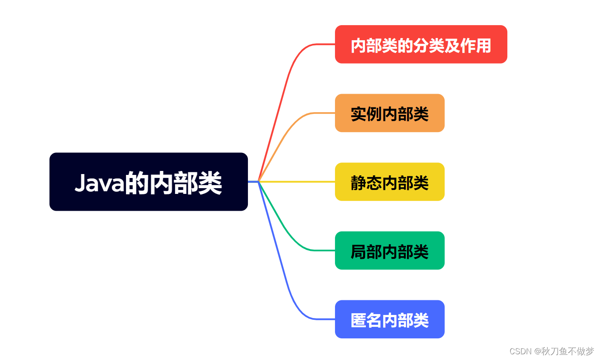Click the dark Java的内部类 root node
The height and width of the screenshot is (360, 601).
[148, 182]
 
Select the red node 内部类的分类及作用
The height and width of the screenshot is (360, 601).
[421, 44]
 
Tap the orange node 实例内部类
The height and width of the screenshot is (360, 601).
[390, 113]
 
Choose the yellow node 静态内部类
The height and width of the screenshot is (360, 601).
[390, 182]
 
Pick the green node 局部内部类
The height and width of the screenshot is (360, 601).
[390, 250]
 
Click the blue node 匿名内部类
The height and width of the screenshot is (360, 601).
[390, 319]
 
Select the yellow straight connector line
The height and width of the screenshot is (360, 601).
[297, 182]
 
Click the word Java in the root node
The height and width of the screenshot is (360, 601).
[100, 183]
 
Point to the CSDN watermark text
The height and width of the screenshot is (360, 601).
[520, 351]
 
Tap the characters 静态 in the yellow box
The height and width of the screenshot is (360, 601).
[366, 183]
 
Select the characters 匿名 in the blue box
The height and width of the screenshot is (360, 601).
[366, 320]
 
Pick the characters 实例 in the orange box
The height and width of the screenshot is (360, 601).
[366, 114]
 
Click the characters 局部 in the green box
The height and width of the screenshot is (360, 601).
[366, 252]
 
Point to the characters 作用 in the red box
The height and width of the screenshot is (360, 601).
[475, 45]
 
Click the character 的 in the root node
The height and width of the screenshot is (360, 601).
[137, 183]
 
